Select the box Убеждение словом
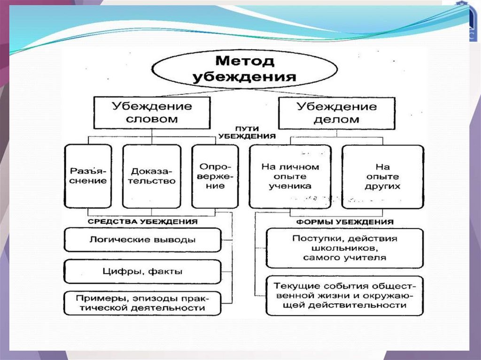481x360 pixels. click(151, 113)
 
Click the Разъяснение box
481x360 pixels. click(88, 176)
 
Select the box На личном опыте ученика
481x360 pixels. click(290, 176)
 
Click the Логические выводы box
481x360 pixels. click(142, 240)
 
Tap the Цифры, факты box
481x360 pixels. click(142, 271)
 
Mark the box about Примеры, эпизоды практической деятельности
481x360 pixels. click(142, 303)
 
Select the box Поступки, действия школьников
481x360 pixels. click(344, 248)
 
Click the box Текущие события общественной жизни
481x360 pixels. click(344, 295)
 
